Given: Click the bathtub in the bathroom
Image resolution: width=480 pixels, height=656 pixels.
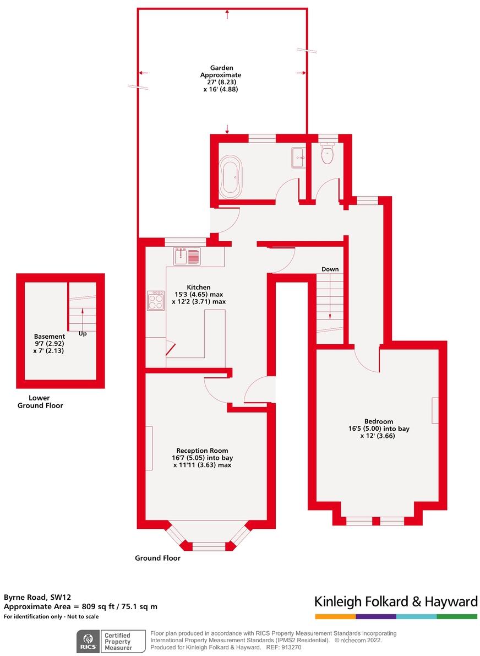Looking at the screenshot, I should click(x=230, y=176).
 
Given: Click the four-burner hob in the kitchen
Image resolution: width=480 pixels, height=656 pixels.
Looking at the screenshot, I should click(x=155, y=301).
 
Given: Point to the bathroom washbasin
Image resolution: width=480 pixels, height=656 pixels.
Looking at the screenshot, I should click(x=299, y=158).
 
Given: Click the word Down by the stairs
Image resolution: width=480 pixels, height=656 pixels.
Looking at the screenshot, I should click(x=330, y=269).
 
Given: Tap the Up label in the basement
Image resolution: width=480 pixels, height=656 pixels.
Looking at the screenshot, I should click(x=83, y=334).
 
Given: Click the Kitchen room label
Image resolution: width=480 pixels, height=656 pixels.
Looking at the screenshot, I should click(x=198, y=288).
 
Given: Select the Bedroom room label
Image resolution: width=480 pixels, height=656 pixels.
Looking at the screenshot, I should click(x=378, y=421).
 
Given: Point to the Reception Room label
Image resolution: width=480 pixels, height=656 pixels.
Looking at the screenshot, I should click(x=202, y=451).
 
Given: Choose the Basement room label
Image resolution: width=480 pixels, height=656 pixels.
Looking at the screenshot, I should click(x=49, y=337).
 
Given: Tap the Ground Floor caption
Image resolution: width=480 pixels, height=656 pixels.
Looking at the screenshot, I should click(x=157, y=558).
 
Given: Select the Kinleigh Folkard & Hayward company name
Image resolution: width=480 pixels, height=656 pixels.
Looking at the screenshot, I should click(x=395, y=601).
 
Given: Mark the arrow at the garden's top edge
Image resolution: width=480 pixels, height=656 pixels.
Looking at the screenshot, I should click(x=227, y=13).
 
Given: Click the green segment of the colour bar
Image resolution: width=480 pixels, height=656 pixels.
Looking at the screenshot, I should click(x=457, y=616).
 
